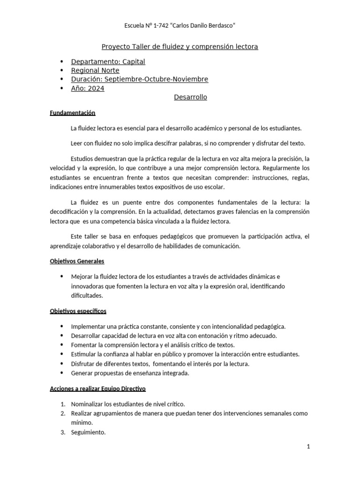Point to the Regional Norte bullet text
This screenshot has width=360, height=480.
[95, 70]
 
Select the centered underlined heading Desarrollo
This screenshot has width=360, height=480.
[190, 97]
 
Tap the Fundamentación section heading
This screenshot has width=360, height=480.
[72, 113]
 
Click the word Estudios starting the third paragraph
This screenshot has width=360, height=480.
[82, 158]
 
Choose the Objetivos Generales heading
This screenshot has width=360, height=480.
[77, 261]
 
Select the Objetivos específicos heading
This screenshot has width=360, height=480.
[78, 311]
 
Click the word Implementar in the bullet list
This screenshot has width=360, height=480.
[88, 326]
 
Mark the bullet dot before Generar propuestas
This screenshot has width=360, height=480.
[62, 373]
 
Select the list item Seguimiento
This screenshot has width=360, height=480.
[88, 432]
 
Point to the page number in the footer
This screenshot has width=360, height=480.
[309, 447]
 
